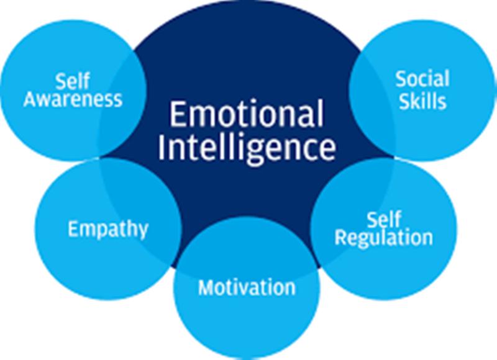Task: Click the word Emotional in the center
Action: [247, 114]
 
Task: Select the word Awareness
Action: [73, 99]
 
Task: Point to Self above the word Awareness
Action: [73, 81]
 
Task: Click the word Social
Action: [422, 79]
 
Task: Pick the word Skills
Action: [422, 101]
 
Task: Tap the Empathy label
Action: [108, 229]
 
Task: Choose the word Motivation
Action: [247, 287]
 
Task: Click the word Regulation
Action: [383, 238]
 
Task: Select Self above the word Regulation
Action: [384, 219]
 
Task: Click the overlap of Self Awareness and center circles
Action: [122, 104]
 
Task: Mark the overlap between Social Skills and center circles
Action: [372, 104]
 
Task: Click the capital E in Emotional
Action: [178, 114]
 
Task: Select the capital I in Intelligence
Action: [162, 148]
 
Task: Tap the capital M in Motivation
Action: [206, 287]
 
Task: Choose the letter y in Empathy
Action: [144, 231]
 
